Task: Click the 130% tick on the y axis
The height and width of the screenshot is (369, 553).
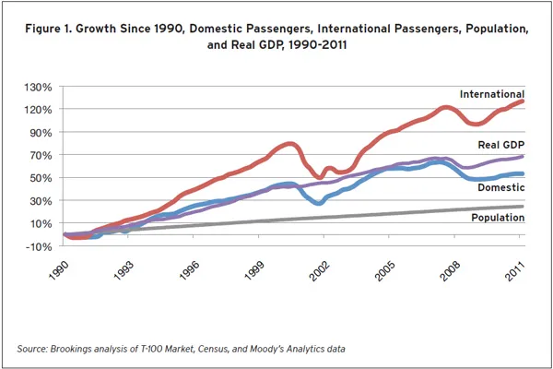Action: pyautogui.click(x=40, y=87)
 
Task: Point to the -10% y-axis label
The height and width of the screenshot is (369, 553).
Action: pyautogui.click(x=40, y=246)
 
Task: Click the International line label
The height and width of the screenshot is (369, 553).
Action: pyautogui.click(x=492, y=94)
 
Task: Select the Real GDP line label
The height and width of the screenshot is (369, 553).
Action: pyautogui.click(x=501, y=146)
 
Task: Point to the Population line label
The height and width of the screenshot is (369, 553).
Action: pyautogui.click(x=498, y=219)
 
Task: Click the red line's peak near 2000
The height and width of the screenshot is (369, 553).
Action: pyautogui.click(x=289, y=144)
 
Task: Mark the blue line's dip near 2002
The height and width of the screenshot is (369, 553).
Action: pyautogui.click(x=317, y=203)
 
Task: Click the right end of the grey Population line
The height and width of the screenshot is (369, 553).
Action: pyautogui.click(x=523, y=207)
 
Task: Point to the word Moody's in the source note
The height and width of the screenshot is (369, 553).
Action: pyautogui.click(x=270, y=349)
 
